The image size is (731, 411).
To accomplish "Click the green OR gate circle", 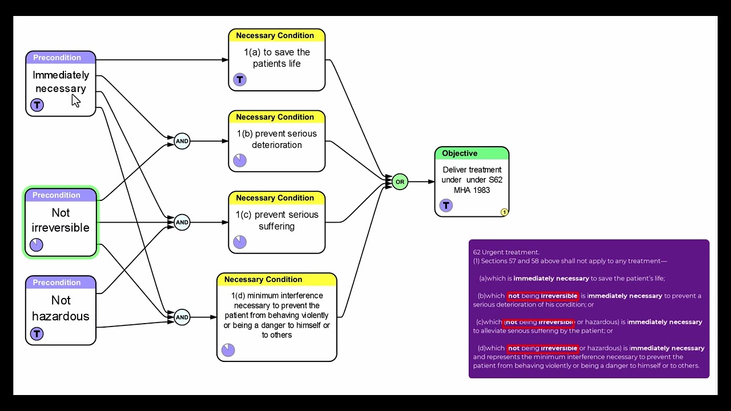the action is [x=400, y=182].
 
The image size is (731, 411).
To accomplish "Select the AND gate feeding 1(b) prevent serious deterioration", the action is [x=182, y=141].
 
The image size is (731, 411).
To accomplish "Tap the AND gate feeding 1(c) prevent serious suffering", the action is [x=182, y=223].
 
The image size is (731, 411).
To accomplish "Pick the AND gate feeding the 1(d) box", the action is [x=182, y=317].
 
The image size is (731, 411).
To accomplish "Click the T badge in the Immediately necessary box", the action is [x=37, y=105].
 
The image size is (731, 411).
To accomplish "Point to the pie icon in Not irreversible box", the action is [x=36, y=245].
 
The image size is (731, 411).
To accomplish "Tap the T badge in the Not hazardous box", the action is [x=37, y=334].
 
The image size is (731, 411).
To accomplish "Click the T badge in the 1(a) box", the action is [x=240, y=79].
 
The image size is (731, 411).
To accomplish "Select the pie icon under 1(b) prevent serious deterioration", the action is [x=240, y=160].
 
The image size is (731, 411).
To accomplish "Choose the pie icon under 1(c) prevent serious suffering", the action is [x=240, y=242].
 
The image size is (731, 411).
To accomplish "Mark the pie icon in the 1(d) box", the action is [x=228, y=350].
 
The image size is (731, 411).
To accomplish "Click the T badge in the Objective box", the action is [x=446, y=205].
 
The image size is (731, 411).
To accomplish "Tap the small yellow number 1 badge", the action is [x=504, y=212].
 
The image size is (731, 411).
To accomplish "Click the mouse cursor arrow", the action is [x=76, y=101].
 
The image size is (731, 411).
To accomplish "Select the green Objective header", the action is [x=472, y=154].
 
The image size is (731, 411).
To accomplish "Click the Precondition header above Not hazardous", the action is [x=61, y=283].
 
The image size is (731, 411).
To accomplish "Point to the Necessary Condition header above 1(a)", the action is [x=277, y=35].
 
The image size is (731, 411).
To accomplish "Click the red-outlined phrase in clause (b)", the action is [x=543, y=296].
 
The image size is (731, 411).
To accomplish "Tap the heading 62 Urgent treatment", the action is [x=506, y=252].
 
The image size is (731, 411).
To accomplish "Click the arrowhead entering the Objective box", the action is [x=431, y=182].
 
